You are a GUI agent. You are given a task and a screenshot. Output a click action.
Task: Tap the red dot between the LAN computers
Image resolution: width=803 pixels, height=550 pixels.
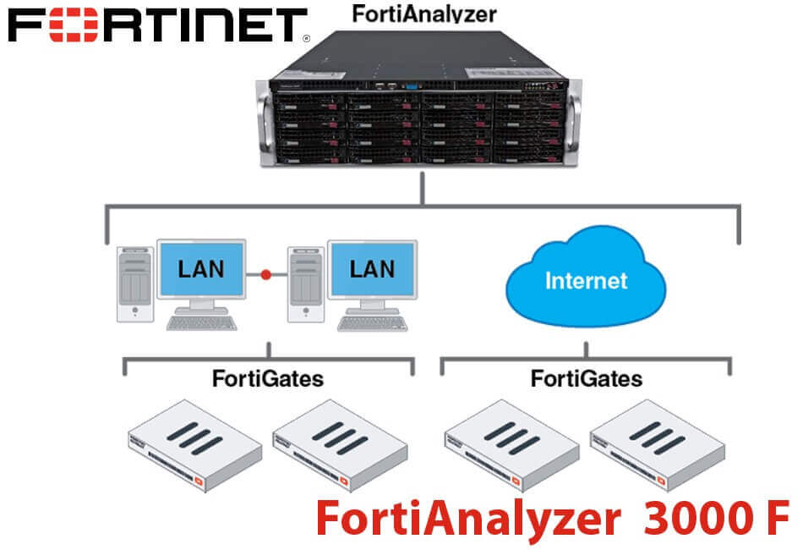(266, 274)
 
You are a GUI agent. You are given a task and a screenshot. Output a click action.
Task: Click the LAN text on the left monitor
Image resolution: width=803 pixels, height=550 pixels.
(201, 269)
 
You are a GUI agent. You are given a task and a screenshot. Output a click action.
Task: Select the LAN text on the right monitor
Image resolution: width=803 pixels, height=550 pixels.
(373, 269)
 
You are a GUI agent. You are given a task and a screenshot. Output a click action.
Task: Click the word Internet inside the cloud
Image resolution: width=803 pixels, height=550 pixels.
(587, 280)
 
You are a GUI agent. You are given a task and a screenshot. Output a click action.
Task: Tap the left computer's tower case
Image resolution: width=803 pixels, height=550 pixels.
(134, 284)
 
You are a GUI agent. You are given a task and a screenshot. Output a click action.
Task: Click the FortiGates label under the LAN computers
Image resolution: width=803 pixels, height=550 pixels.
(268, 378)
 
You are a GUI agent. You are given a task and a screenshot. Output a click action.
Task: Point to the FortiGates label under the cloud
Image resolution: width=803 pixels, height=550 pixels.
(587, 378)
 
